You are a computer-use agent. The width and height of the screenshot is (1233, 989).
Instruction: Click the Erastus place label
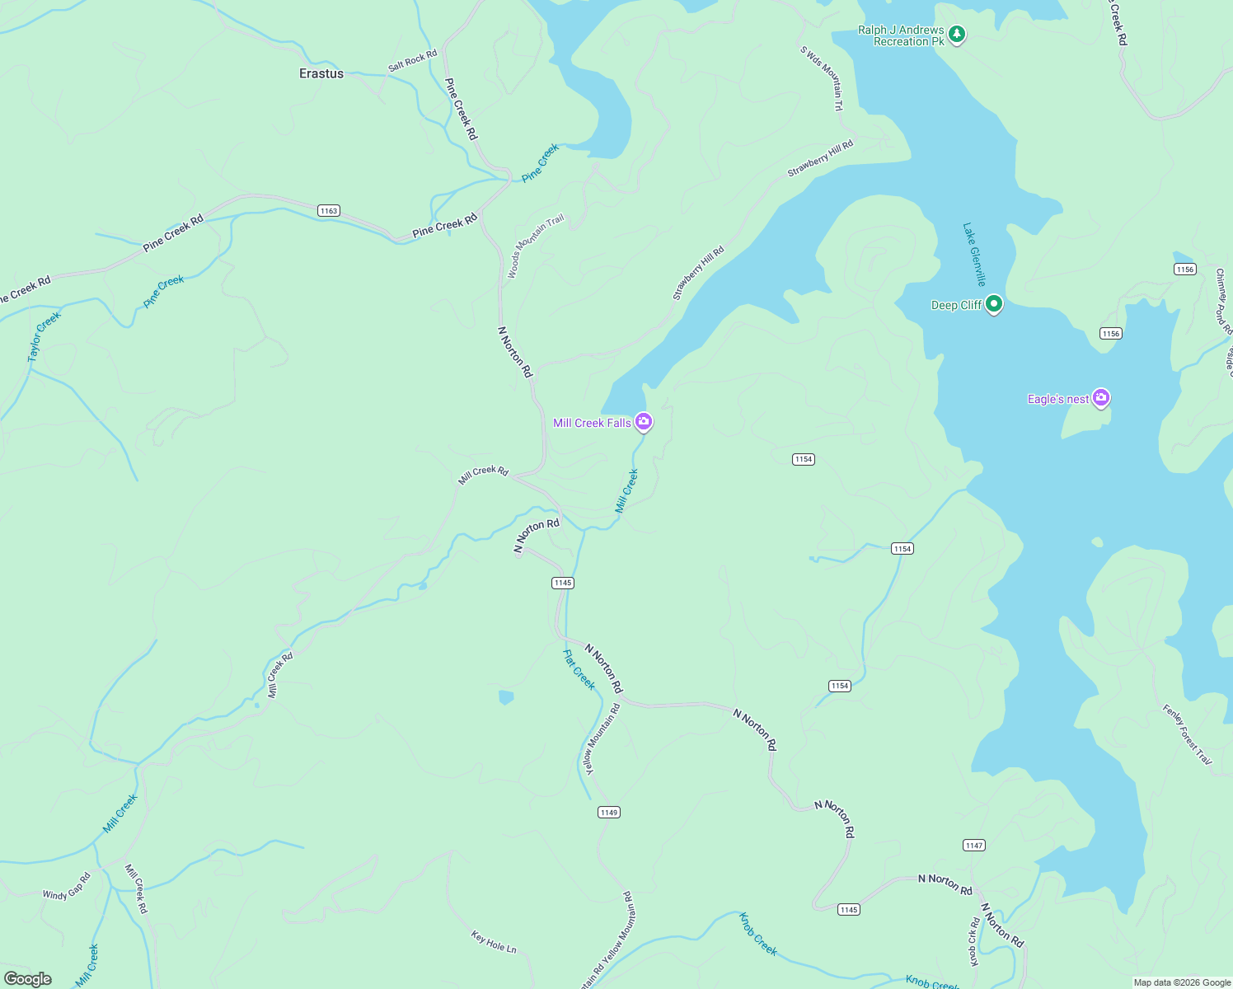click(x=321, y=73)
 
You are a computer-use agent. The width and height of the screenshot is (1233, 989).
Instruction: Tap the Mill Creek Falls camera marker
click(x=644, y=422)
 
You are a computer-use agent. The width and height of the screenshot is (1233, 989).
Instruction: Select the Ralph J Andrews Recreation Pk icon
click(x=956, y=35)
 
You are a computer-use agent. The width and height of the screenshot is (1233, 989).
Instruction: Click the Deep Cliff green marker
click(x=994, y=304)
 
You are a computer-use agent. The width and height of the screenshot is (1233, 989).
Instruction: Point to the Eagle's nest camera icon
click(x=1100, y=399)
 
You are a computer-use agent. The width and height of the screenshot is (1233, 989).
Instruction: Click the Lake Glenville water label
click(x=974, y=254)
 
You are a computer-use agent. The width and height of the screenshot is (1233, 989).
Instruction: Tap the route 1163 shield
click(x=329, y=211)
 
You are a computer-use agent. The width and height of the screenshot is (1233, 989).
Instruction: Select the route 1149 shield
click(x=609, y=813)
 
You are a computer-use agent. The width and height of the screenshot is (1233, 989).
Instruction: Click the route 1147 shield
click(x=974, y=846)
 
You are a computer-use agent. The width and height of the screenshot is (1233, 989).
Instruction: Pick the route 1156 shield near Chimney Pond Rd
click(x=1185, y=270)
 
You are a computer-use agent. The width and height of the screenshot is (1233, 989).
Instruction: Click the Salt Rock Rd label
click(x=412, y=61)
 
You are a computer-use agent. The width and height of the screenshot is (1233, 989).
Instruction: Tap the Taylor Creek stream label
click(x=44, y=336)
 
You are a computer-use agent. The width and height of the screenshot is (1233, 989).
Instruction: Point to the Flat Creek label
click(x=579, y=669)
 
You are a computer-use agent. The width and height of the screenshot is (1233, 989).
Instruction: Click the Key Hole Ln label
click(x=494, y=942)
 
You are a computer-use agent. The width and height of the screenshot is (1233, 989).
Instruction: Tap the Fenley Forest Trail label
click(x=1188, y=734)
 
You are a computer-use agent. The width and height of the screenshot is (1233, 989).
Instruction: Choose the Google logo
click(x=28, y=979)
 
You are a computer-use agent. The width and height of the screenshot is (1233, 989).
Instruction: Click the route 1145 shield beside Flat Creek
click(x=563, y=583)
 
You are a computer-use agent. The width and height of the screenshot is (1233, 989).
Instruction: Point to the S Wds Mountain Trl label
click(x=822, y=78)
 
